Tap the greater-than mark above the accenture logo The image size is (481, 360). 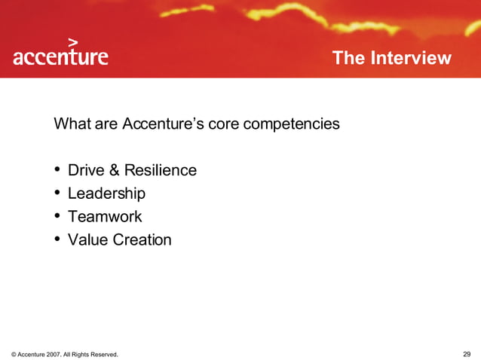pyautogui.click(x=73, y=42)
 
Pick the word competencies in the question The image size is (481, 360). pyautogui.click(x=295, y=124)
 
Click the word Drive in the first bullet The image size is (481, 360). pyautogui.click(x=85, y=170)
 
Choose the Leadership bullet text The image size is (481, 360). pyautogui.click(x=106, y=194)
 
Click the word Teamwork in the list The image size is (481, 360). pyautogui.click(x=105, y=217)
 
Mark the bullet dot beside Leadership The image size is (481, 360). pyautogui.click(x=58, y=194)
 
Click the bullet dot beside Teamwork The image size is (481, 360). pyautogui.click(x=58, y=217)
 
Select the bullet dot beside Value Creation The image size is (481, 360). pyautogui.click(x=58, y=240)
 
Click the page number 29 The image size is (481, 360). pyautogui.click(x=467, y=353)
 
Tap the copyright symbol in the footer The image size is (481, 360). pyautogui.click(x=14, y=354)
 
